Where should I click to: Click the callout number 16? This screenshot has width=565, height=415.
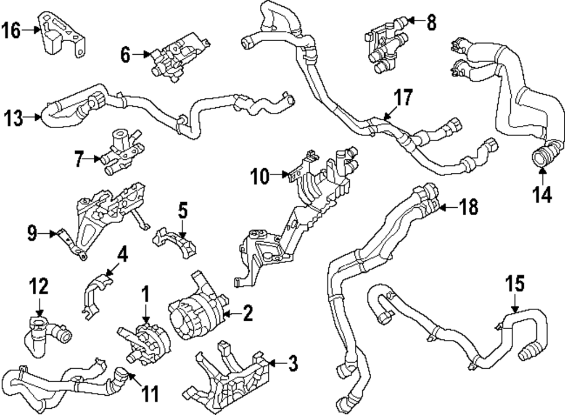point(12,30)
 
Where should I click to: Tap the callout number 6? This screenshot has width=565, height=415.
point(125,55)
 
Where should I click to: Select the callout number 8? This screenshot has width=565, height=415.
point(432,23)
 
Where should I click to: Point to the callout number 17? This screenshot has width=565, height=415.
point(404,98)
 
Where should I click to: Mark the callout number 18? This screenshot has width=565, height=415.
point(468,208)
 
